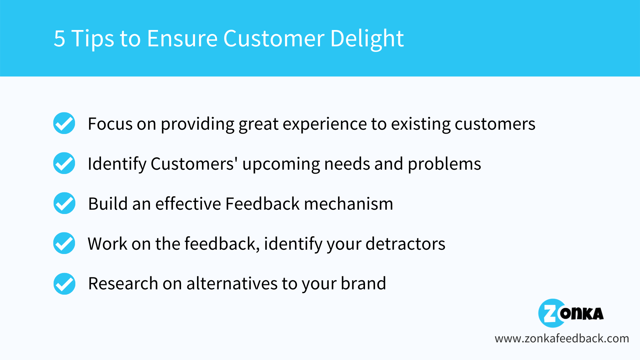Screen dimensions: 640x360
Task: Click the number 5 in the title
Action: coord(59,38)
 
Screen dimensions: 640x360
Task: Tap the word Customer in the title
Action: coord(274,38)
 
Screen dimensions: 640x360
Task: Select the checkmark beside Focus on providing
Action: coord(64,123)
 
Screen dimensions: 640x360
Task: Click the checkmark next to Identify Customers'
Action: coord(64,163)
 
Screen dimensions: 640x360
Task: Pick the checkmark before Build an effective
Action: coord(64,203)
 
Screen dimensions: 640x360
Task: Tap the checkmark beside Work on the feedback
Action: coord(64,243)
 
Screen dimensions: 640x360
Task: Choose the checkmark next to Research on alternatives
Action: coord(64,284)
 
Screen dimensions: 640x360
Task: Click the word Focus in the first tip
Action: coord(110,124)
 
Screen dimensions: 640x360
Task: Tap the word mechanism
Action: coord(349,204)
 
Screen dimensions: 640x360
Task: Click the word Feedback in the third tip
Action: coord(262,203)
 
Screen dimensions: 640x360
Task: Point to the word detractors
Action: coord(405,244)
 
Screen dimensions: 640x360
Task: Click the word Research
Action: coord(123,284)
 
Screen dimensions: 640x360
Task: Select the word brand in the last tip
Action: coord(363,284)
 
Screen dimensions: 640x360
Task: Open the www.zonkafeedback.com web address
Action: coord(562,338)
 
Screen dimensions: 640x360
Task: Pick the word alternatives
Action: coord(232,284)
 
